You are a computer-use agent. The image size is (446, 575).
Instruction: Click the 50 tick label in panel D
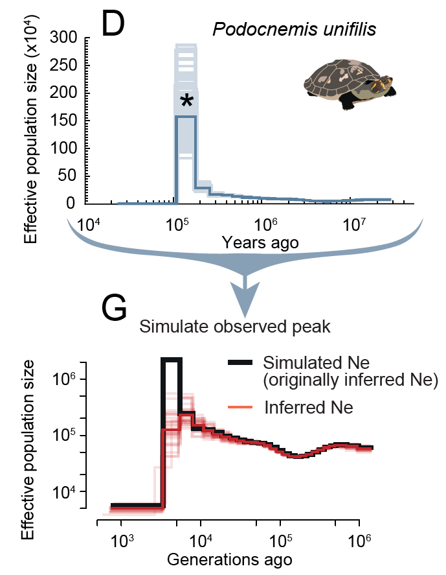tap(67, 176)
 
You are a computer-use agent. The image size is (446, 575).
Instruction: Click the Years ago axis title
tap(260, 243)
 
